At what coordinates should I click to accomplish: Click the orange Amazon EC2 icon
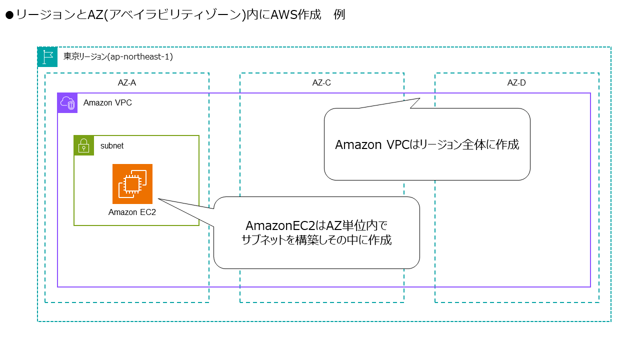[x=132, y=184]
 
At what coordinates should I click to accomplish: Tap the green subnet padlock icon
[x=83, y=145]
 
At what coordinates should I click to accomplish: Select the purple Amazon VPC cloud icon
[x=67, y=103]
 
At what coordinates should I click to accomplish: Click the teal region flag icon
[x=47, y=57]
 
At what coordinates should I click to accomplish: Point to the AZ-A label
[x=126, y=83]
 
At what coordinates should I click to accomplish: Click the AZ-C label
[x=321, y=83]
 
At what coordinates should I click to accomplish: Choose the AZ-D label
[x=516, y=83]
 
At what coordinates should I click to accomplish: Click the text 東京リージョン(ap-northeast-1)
[x=118, y=57]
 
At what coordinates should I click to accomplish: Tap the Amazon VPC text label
[x=107, y=103]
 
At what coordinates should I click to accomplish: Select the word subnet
[x=112, y=146]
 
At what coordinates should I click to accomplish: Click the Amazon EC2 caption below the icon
[x=132, y=212]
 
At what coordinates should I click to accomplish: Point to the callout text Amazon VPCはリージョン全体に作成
[x=427, y=145]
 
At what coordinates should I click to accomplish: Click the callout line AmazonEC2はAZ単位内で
[x=316, y=225]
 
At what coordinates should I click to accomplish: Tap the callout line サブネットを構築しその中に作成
[x=316, y=240]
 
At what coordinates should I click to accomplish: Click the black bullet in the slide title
[x=9, y=15]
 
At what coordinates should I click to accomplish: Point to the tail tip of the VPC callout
[x=420, y=98]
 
